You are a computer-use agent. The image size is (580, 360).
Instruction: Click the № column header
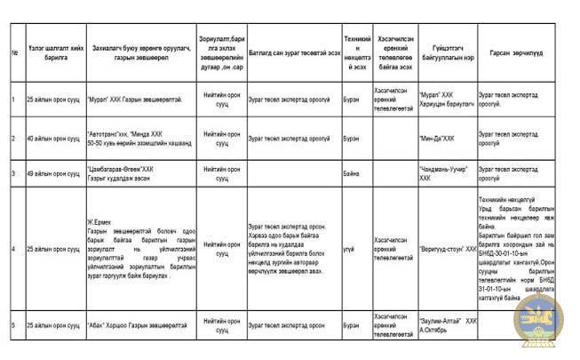coord(15,53)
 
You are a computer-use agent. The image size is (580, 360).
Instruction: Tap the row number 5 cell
coord(15,325)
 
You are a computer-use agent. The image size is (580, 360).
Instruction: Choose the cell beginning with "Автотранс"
coord(133,138)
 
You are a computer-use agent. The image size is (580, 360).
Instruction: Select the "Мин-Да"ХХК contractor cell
coord(437,139)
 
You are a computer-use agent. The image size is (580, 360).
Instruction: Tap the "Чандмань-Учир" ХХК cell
coord(444,172)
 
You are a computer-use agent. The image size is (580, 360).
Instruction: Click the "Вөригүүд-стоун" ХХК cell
coord(447,250)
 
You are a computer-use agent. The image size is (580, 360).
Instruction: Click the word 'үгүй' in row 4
coord(349,250)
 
